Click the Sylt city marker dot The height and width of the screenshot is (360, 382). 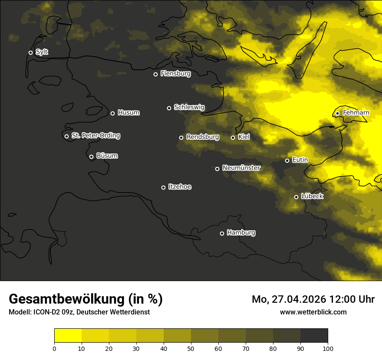tap(30, 52)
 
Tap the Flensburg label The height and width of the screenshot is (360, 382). tap(175, 74)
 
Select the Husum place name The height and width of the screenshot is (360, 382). tap(128, 113)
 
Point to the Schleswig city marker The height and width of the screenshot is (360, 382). tap(169, 108)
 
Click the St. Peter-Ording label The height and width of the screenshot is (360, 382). tap(95, 136)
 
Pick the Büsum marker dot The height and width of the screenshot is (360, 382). tap(91, 157)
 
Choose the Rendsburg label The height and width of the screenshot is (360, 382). tap(202, 137)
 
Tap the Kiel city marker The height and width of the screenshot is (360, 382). tap(233, 137)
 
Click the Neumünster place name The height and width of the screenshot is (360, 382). tap(241, 168)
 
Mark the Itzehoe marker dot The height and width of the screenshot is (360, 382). tap(163, 187)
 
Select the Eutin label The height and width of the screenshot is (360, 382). tap(300, 160)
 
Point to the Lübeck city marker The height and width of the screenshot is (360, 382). tap(296, 197)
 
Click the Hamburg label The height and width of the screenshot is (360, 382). tap(241, 233)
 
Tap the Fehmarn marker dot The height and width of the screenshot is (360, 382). tap(337, 113)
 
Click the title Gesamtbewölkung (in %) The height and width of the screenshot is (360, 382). tap(86, 299)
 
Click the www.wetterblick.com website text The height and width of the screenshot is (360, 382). tap(313, 312)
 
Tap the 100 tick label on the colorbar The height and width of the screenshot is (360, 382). tap(328, 348)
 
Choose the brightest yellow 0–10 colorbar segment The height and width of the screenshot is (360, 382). tap(68, 335)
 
